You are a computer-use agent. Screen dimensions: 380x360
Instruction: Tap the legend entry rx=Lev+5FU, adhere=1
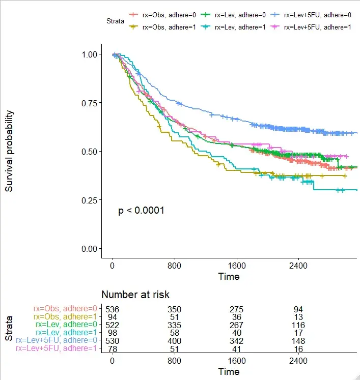click(312, 27)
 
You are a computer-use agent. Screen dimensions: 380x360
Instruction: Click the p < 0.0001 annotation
click(141, 211)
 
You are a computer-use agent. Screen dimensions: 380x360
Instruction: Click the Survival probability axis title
click(10, 151)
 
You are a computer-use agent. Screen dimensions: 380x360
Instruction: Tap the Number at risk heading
click(135, 295)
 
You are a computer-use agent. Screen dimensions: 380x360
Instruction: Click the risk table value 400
click(175, 340)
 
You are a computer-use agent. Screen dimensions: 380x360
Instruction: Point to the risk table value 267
click(237, 325)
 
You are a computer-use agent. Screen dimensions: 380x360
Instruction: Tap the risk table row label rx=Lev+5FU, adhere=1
click(57, 348)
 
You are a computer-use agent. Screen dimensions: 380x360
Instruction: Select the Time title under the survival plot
click(229, 277)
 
